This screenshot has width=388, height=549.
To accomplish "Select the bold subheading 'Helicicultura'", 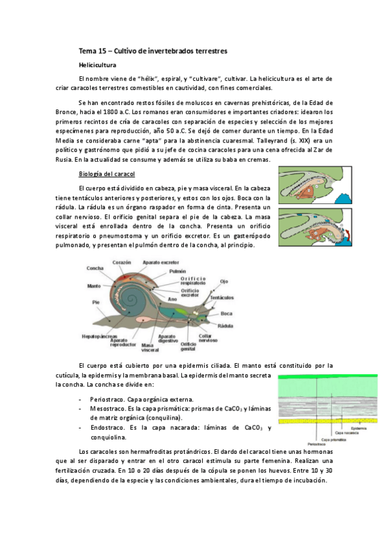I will point(97,65).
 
